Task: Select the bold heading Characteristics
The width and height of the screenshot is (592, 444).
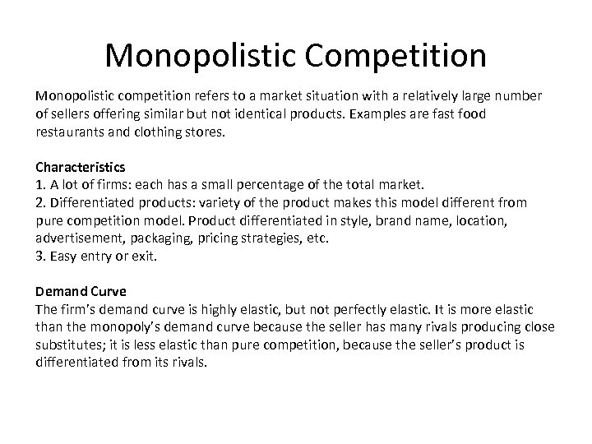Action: (80, 167)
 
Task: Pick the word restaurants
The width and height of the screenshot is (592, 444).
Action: (70, 132)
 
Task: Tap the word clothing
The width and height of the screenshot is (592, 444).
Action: (153, 132)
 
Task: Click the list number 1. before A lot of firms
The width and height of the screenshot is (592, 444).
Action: (40, 185)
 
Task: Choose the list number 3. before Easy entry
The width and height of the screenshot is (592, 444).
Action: (40, 256)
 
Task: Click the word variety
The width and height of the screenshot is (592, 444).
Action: (247, 202)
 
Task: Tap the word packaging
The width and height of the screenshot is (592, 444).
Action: (164, 238)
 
